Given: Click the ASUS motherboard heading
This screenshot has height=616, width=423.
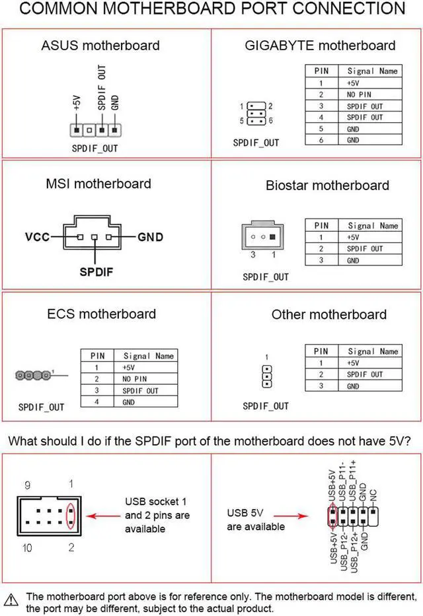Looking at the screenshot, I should (100, 46).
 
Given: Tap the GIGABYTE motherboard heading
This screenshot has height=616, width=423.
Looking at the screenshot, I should (320, 46).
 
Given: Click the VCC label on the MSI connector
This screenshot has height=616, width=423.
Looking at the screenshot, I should (38, 236).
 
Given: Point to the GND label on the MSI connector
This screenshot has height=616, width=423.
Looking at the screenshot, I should (150, 236).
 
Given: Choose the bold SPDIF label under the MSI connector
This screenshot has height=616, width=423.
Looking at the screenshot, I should (96, 271).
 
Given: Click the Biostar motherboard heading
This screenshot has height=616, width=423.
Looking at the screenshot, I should (327, 185).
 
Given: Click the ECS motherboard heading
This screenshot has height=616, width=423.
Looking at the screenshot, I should (102, 314).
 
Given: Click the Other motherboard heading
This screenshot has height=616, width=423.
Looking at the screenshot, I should (328, 314).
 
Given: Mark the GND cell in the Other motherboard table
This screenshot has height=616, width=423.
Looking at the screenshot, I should (353, 386).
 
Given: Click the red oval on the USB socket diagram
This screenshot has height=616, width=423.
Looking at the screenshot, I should (71, 514).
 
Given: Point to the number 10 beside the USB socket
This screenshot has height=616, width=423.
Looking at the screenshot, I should (28, 548).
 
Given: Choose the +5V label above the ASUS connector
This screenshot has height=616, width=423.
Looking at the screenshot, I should (77, 104).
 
